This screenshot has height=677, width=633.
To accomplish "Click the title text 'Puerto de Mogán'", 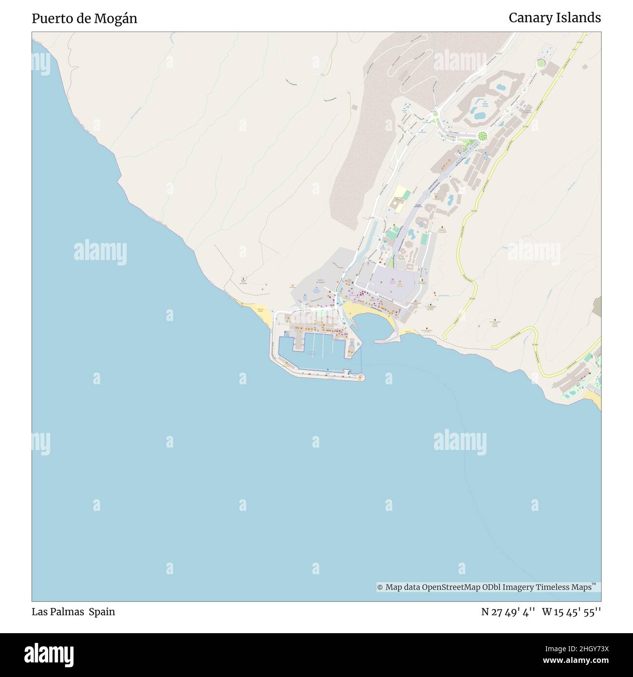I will (84, 19).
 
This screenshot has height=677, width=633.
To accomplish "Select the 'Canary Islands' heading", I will (554, 18).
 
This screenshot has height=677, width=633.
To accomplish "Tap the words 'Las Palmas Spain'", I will (73, 612).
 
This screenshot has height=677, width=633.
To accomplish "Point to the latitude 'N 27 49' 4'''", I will (508, 612).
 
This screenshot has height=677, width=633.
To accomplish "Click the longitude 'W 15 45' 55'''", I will (572, 612).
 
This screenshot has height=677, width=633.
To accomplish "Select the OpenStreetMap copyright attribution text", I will (484, 587).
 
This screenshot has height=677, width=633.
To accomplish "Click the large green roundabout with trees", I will (482, 135).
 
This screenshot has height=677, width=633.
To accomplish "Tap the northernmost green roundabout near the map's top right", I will (540, 63).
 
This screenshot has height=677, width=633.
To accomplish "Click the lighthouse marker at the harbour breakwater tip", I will (361, 377).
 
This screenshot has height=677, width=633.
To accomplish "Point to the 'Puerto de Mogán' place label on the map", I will (320, 281).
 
